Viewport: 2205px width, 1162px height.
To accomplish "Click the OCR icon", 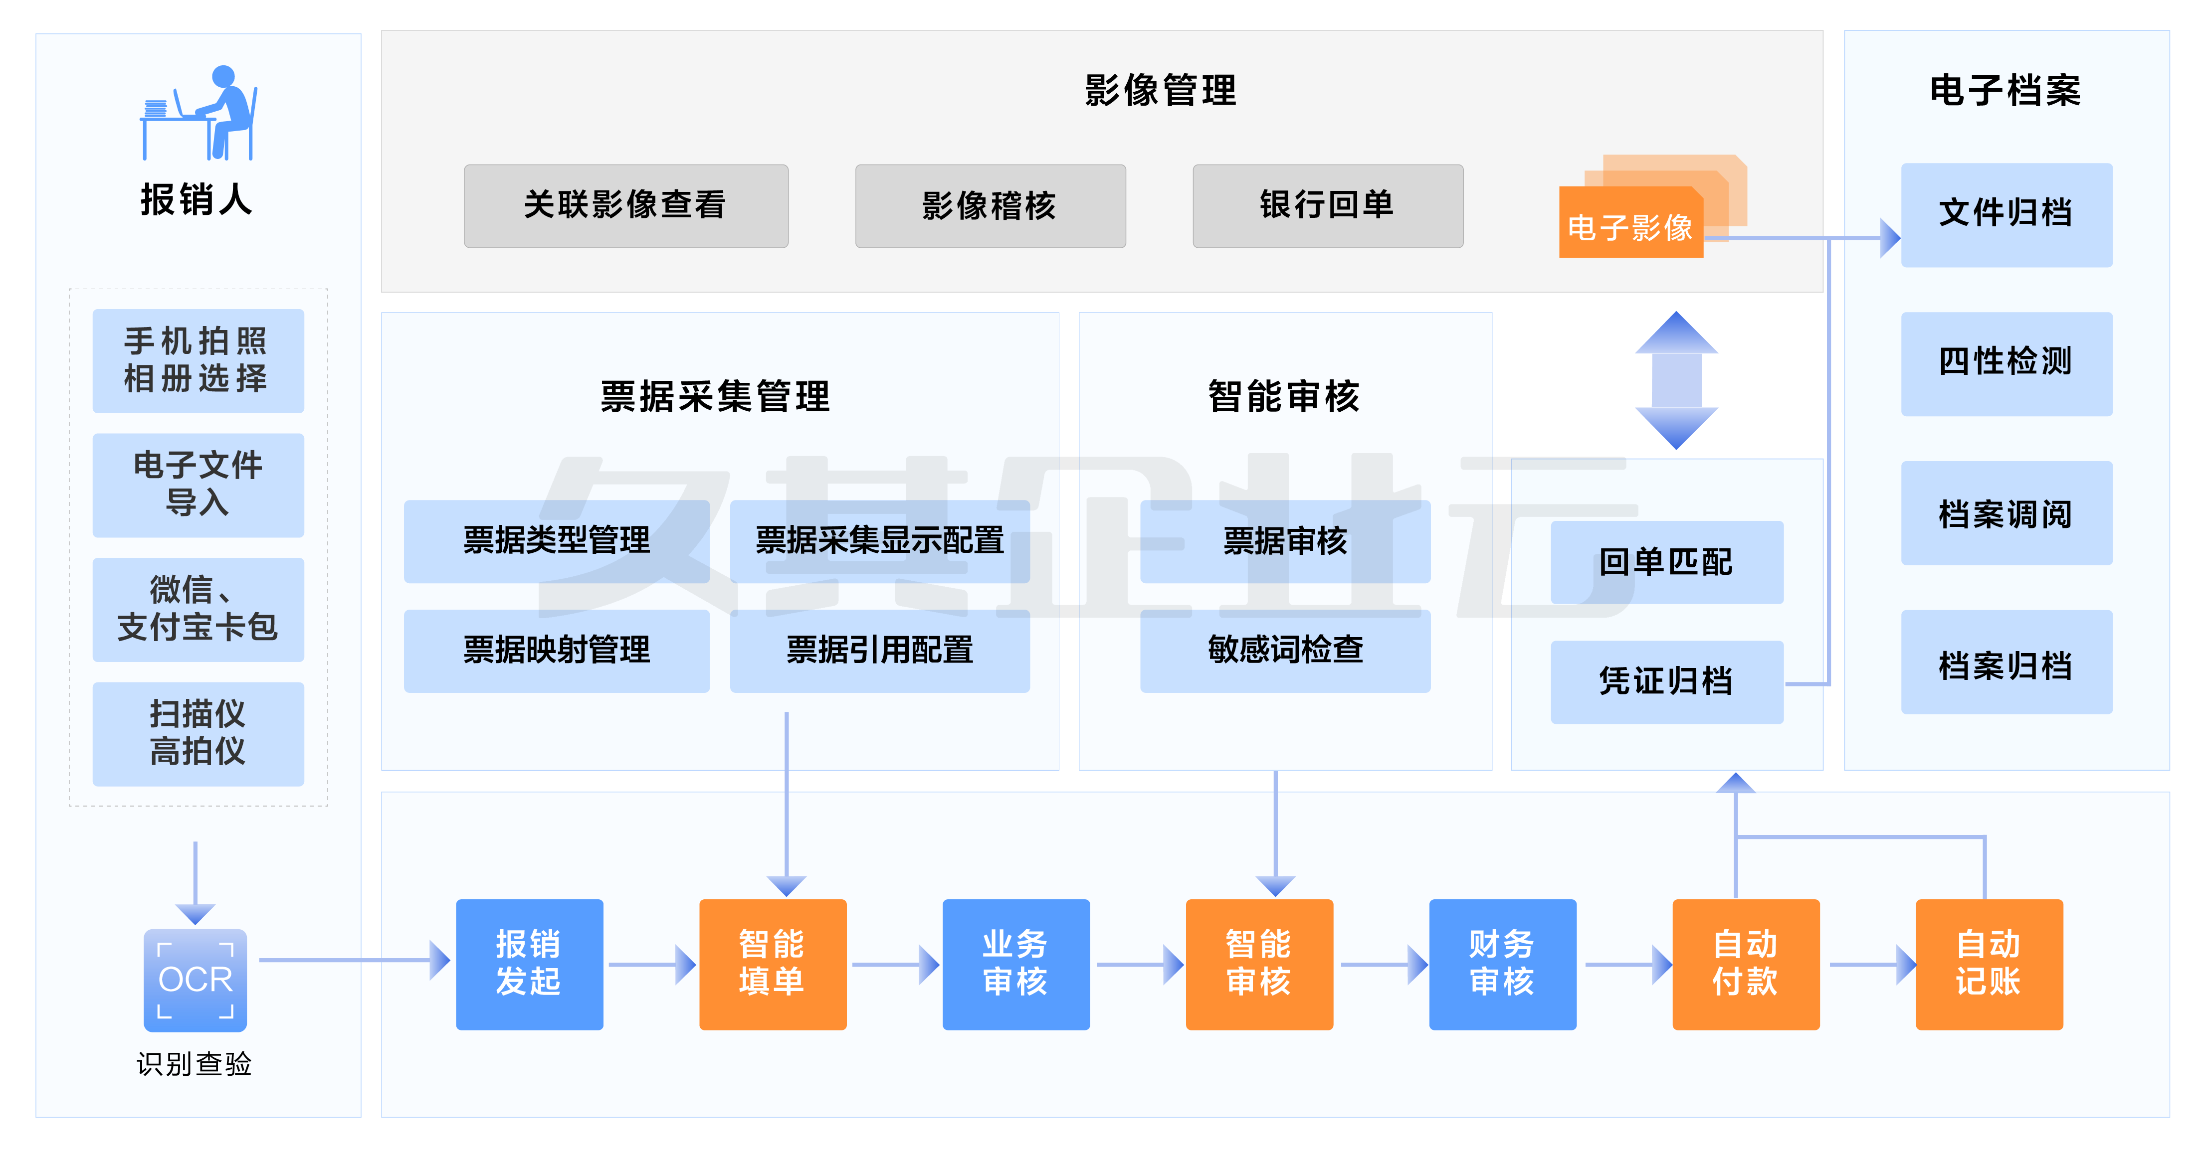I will tap(195, 980).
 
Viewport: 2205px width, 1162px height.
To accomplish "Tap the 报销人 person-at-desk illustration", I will tap(200, 113).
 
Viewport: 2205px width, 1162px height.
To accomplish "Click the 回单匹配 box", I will tap(1666, 562).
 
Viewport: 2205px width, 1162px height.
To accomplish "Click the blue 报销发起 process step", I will tap(529, 964).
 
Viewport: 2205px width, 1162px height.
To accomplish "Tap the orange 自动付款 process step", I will tap(1745, 964).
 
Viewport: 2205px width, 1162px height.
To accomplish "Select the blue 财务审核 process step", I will tap(1502, 964).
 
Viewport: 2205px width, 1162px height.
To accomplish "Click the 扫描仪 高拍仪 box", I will tap(198, 733).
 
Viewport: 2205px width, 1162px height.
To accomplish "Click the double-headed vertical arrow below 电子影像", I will tap(1676, 381).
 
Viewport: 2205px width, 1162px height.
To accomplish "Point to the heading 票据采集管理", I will tap(715, 397).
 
